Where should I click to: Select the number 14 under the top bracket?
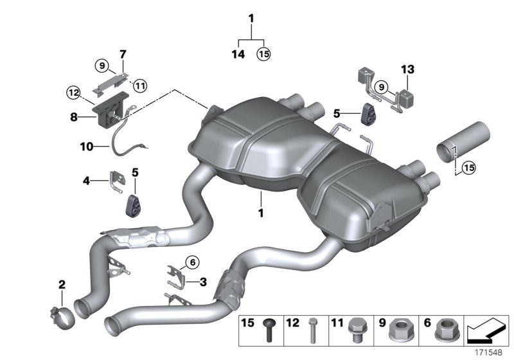pos(238,55)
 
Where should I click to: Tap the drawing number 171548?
pos(489,352)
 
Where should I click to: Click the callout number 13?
pos(409,69)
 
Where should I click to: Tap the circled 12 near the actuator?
pos(73,93)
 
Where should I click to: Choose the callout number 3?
pos(203,281)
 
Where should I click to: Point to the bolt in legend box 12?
pos(314,331)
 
